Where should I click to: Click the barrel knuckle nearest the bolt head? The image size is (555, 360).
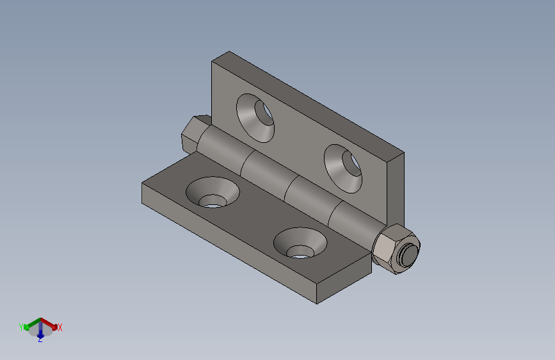click(224, 154)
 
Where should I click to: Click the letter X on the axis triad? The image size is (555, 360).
click(60, 327)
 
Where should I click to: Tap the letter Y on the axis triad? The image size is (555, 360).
click(21, 327)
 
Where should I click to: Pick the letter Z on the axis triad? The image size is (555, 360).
click(40, 340)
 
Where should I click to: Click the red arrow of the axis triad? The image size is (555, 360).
click(51, 323)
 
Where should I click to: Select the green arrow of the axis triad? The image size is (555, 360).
click(30, 323)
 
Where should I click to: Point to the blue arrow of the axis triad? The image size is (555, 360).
click(40, 332)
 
